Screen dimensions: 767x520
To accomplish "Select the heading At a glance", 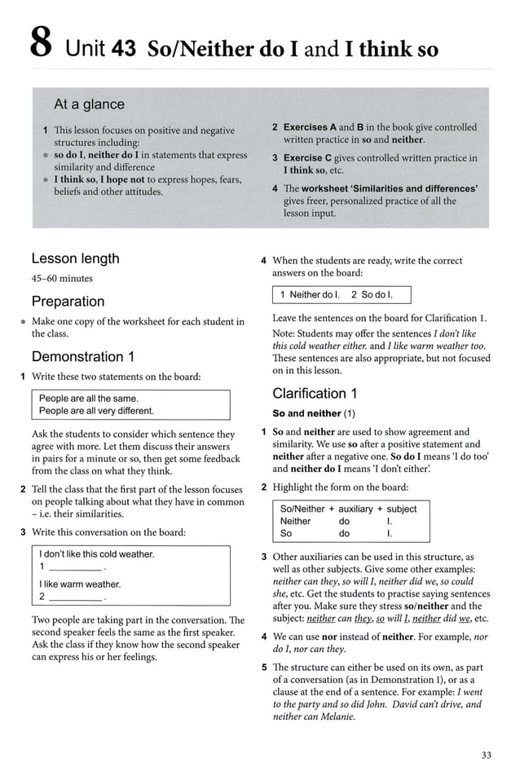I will point(89,104).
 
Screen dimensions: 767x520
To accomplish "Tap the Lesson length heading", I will point(75,258).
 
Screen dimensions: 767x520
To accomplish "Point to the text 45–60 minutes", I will point(62,279).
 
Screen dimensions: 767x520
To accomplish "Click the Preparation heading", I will point(68,302).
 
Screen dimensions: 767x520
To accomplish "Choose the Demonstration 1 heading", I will point(82,356).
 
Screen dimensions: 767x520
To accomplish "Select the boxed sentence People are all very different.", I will point(96,411).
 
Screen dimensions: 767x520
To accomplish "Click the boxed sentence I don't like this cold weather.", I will point(97,554).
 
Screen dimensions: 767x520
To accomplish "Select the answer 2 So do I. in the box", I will point(372,294).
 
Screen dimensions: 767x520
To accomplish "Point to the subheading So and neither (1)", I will point(314,413).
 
